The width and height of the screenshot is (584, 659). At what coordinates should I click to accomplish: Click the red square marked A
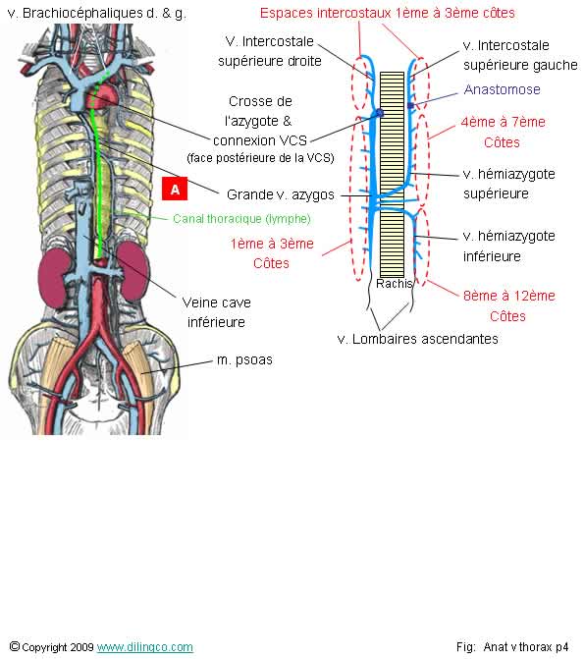click(175, 188)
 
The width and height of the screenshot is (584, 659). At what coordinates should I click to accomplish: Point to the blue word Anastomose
click(502, 89)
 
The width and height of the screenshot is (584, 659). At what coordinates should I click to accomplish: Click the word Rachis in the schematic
click(394, 283)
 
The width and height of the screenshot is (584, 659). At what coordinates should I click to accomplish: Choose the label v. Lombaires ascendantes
click(417, 339)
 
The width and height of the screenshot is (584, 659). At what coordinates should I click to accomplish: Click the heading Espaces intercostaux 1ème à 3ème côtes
click(387, 13)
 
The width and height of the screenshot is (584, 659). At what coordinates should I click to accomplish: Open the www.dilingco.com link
click(145, 647)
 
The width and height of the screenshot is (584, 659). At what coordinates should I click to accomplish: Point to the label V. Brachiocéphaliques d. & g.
click(95, 14)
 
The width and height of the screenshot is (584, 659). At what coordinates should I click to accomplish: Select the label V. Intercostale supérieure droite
click(272, 51)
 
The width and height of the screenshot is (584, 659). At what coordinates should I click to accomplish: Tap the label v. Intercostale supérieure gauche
click(519, 55)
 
